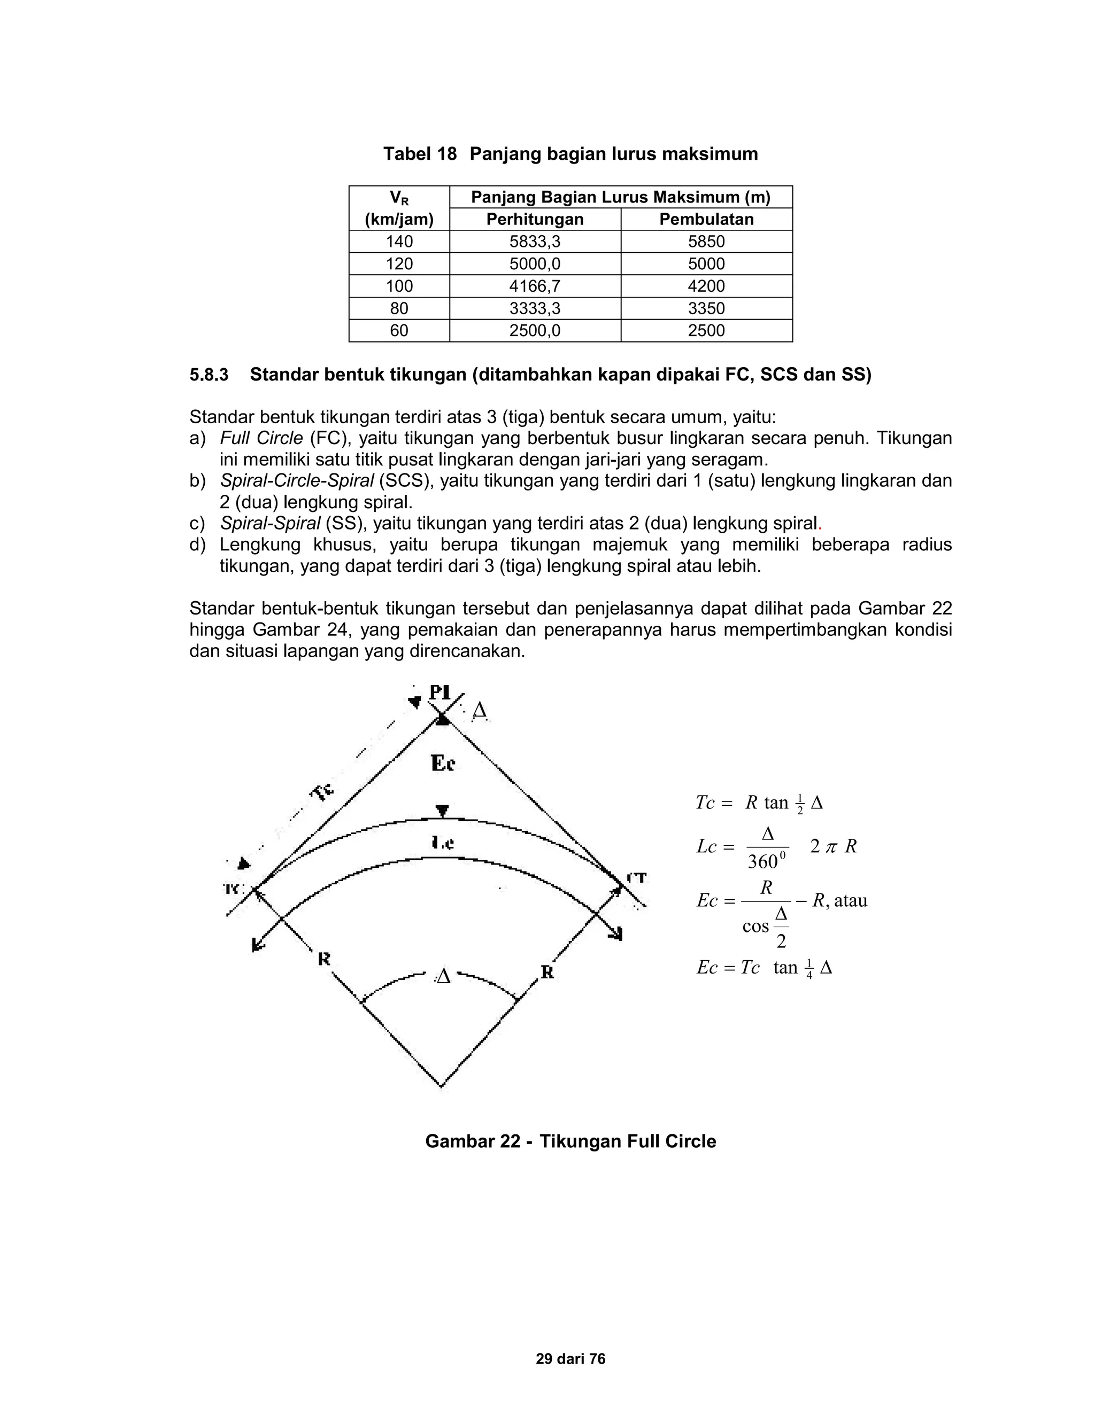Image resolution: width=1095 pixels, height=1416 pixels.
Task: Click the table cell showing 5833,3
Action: [535, 242]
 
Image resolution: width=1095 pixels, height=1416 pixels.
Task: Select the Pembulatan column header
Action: [706, 219]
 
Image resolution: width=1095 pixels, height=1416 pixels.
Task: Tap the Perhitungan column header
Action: [535, 219]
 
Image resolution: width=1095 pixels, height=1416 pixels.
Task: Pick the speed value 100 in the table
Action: [399, 286]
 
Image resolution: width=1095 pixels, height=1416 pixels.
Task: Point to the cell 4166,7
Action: [535, 286]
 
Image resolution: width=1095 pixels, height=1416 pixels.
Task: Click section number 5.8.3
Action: [209, 375]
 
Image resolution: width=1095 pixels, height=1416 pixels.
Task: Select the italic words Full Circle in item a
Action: [261, 438]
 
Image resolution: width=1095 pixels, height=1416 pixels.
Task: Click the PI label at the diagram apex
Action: [440, 693]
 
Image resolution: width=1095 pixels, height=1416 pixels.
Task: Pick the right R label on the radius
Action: [547, 972]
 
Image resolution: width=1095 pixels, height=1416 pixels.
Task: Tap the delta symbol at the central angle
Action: [443, 976]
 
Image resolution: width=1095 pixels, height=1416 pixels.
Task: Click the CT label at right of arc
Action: [636, 878]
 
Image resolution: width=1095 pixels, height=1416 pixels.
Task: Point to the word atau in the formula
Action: [851, 900]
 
